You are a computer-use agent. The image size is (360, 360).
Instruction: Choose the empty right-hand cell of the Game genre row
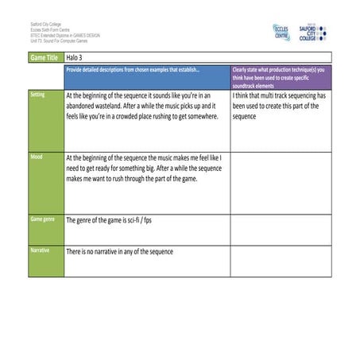click(281, 229)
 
